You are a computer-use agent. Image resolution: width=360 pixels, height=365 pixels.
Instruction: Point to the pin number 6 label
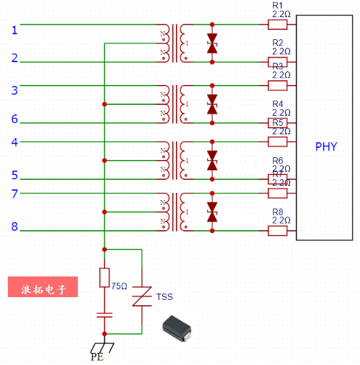click(14, 119)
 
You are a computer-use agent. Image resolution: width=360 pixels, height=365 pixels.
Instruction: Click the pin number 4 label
click(14, 142)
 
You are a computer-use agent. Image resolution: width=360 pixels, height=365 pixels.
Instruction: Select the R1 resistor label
click(278, 6)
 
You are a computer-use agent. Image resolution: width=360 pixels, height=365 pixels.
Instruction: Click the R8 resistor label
click(278, 211)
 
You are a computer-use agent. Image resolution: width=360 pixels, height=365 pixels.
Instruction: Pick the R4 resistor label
click(278, 104)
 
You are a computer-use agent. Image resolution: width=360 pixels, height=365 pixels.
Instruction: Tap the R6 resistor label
click(278, 160)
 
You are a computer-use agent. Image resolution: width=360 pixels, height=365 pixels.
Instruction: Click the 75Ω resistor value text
click(119, 286)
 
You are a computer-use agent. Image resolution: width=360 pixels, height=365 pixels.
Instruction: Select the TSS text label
click(165, 296)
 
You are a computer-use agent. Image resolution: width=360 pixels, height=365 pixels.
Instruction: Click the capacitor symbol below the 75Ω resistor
click(104, 314)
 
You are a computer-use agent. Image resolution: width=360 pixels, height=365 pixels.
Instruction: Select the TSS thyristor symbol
click(143, 296)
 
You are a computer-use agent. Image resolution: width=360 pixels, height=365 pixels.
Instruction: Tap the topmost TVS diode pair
click(211, 42)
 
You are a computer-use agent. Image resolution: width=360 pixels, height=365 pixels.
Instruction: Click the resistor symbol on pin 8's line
click(278, 230)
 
